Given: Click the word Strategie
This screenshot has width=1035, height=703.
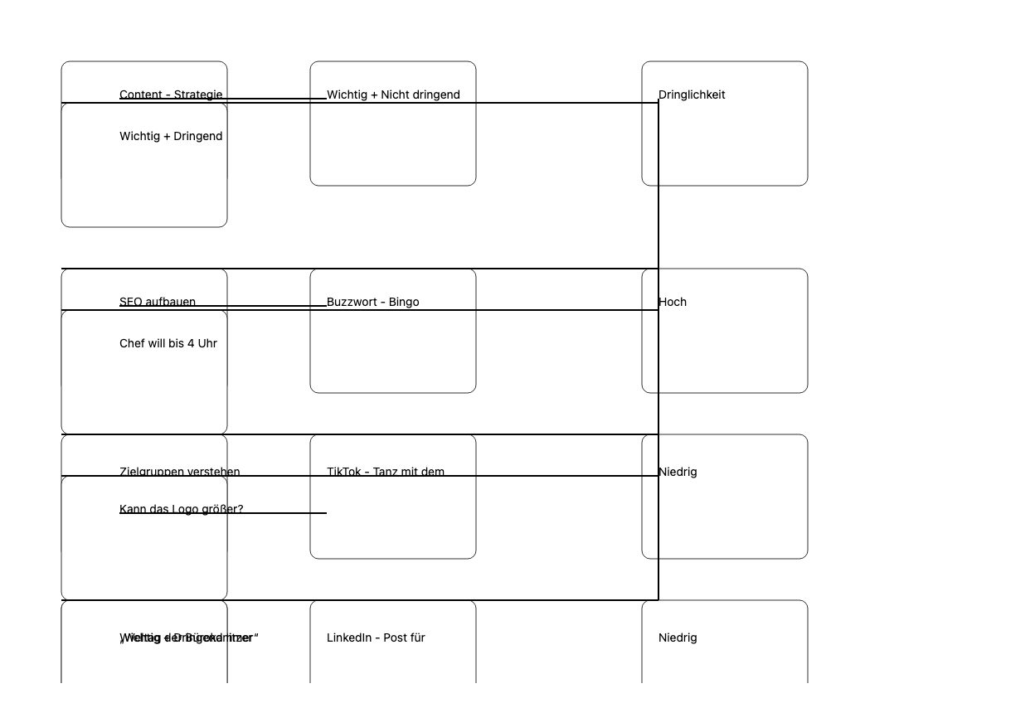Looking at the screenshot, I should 198,95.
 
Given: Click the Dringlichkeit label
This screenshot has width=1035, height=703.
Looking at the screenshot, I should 692,95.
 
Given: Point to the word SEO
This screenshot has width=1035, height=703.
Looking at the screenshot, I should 130,302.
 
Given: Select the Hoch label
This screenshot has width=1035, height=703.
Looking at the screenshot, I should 673,302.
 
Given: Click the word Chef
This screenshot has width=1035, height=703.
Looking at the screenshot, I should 132,343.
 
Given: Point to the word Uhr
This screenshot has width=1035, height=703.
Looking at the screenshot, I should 207,343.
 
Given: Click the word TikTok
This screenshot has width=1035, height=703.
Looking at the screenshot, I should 344,472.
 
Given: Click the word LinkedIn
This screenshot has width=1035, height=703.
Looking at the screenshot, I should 349,638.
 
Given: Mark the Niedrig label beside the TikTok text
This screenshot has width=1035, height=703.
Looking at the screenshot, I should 678,472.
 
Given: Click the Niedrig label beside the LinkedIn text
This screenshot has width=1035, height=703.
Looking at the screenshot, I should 678,638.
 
